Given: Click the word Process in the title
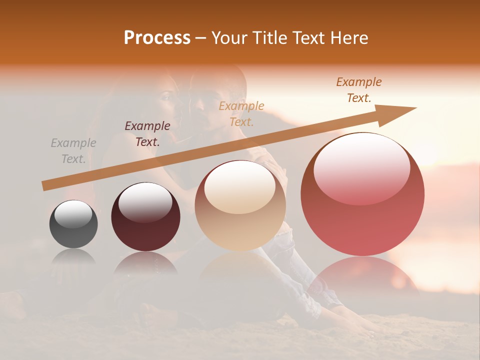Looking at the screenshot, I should pos(157,38).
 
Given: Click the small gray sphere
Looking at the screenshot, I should pos(73,224).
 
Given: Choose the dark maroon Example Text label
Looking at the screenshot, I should pos(147,134).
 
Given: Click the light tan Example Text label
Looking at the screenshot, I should pos(241,114).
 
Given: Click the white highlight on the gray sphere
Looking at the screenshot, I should pos(73,214).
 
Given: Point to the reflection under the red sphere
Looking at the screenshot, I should pos(362,275).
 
